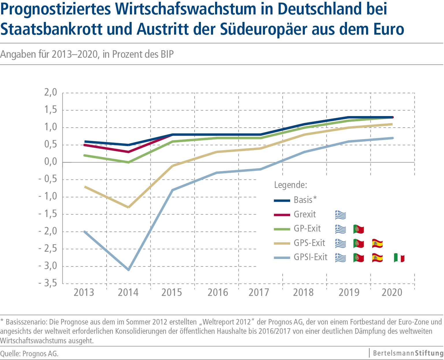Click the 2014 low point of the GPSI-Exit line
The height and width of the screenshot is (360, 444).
click(x=128, y=270)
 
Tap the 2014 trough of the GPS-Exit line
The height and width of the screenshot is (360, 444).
click(x=128, y=207)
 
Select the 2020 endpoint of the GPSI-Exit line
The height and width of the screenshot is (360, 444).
click(x=392, y=138)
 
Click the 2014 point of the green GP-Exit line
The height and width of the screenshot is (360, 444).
click(x=128, y=162)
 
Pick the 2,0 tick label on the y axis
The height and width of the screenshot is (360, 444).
click(x=51, y=93)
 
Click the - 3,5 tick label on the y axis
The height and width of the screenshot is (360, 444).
click(x=48, y=283)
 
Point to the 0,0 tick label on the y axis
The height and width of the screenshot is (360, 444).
click(x=51, y=162)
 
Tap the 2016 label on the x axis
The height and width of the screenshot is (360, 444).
click(x=218, y=292)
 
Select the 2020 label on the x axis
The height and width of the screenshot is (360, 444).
click(x=392, y=292)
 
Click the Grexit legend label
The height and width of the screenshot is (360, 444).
click(x=305, y=214)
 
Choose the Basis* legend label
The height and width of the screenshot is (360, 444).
click(x=305, y=200)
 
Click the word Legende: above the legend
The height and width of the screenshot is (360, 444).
click(x=290, y=185)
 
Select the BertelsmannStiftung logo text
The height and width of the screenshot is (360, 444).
click(x=408, y=353)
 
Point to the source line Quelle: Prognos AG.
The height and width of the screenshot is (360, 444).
click(x=29, y=353)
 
